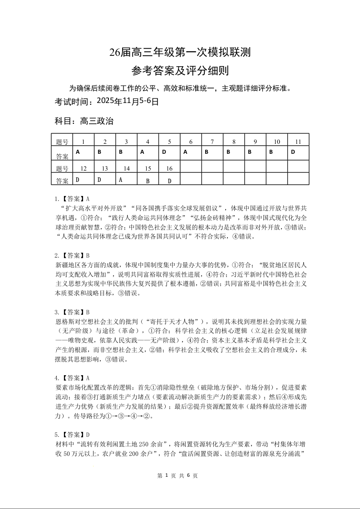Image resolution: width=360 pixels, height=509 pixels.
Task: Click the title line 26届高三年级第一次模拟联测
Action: click(180, 53)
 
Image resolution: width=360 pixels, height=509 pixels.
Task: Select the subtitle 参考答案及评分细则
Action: click(180, 71)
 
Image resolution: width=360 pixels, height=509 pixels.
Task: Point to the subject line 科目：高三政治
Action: click(84, 121)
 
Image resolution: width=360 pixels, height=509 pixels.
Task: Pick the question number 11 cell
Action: click(298, 142)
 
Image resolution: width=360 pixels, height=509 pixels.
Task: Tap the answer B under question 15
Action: click(148, 181)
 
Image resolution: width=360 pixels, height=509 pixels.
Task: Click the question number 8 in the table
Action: click(234, 142)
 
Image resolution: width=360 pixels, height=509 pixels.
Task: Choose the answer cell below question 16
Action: click(169, 181)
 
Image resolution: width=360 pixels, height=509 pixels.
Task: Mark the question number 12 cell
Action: click(83, 168)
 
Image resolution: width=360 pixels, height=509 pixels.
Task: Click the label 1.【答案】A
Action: click(72, 199)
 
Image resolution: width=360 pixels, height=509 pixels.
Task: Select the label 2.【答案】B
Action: click(72, 255)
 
